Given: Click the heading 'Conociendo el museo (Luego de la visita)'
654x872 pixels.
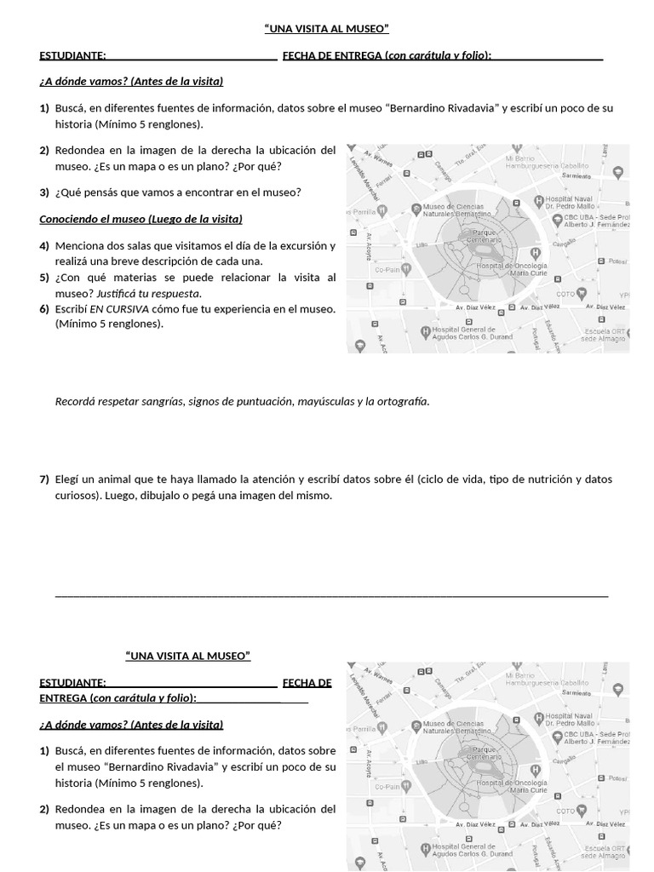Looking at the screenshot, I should (141, 219).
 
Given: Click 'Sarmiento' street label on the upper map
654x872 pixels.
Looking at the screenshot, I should (577, 175).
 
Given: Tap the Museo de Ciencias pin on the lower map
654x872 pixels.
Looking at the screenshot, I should (415, 726).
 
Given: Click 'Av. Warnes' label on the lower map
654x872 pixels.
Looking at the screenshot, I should (378, 674).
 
